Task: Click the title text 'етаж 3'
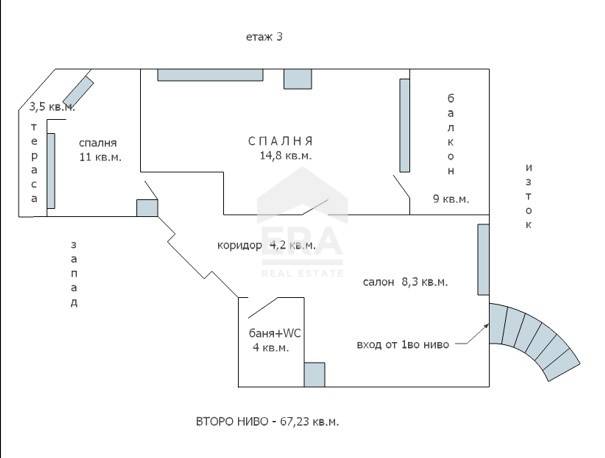coord(264,37)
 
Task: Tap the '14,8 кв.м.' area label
coord(286,155)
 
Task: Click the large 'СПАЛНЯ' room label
coord(280,141)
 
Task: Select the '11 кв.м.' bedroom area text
coord(100,157)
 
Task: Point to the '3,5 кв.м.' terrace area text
coord(52,106)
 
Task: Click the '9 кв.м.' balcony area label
coord(451,199)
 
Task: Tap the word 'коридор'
coord(240,245)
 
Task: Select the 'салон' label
coord(379,282)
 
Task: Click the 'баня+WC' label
coord(275,333)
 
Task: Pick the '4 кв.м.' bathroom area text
coord(270,348)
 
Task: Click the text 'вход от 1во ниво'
coord(403,345)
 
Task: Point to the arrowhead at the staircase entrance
coord(486,326)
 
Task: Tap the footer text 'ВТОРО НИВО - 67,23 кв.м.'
coord(267,421)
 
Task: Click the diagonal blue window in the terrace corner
coord(78,91)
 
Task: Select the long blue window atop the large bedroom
coord(210,75)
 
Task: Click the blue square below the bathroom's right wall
coord(314,374)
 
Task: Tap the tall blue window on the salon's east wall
coord(483,260)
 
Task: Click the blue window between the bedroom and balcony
coord(405,125)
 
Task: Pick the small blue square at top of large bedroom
coord(298,79)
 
